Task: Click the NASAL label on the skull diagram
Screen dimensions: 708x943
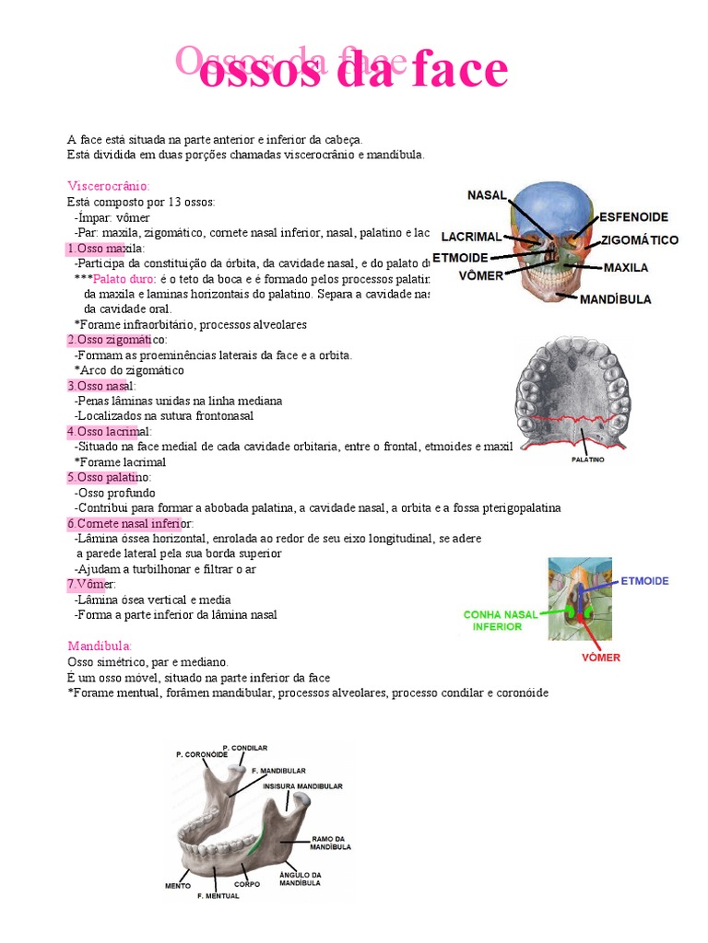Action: (x=488, y=194)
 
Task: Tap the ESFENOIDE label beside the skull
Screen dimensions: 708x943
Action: (x=634, y=217)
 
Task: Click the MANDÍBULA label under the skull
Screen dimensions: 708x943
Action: (x=617, y=299)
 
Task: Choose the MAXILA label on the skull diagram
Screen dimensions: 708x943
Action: (x=626, y=268)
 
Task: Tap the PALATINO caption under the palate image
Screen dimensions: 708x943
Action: (x=588, y=459)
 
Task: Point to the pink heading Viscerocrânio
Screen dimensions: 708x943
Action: (x=109, y=185)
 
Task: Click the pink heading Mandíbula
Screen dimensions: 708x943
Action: (x=100, y=646)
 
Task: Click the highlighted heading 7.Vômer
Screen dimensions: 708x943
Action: (x=92, y=585)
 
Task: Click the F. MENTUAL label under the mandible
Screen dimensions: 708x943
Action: (x=218, y=895)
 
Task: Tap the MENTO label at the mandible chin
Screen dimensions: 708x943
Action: (x=178, y=886)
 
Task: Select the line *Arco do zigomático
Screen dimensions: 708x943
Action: (x=129, y=370)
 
